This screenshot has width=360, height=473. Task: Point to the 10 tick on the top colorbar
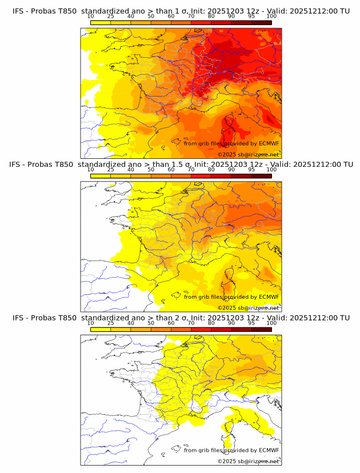click(90, 17)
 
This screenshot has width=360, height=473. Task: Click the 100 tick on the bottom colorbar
click(271, 323)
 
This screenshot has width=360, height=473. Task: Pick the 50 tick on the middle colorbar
click(151, 170)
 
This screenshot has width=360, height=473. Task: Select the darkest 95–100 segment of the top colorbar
click(261, 23)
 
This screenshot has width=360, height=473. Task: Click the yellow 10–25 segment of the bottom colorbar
click(100, 330)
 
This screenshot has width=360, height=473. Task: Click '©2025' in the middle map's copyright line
click(227, 308)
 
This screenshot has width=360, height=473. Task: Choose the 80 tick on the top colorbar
click(211, 17)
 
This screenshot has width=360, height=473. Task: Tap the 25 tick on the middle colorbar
click(110, 170)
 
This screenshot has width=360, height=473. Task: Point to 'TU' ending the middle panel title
click(345, 165)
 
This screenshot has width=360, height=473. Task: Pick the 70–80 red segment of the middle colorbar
click(201, 176)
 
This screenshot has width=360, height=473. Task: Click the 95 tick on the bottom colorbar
click(251, 323)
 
